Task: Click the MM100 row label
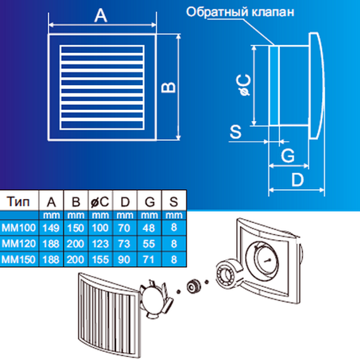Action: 18,228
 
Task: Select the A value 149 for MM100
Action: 51,228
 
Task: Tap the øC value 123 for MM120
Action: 100,244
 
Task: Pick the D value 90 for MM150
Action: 124,260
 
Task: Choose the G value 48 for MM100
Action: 149,228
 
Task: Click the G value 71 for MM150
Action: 149,260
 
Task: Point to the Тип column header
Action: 18,201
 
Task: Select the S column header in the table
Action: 174,202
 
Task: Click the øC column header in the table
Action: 100,202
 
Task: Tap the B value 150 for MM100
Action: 76,228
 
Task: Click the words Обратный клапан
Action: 240,12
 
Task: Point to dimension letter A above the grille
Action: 100,16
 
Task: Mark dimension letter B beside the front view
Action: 168,87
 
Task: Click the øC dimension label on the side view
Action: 244,85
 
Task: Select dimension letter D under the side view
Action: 297,179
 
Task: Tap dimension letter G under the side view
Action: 288,155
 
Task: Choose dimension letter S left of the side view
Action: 236,132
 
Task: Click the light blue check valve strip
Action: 274,86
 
